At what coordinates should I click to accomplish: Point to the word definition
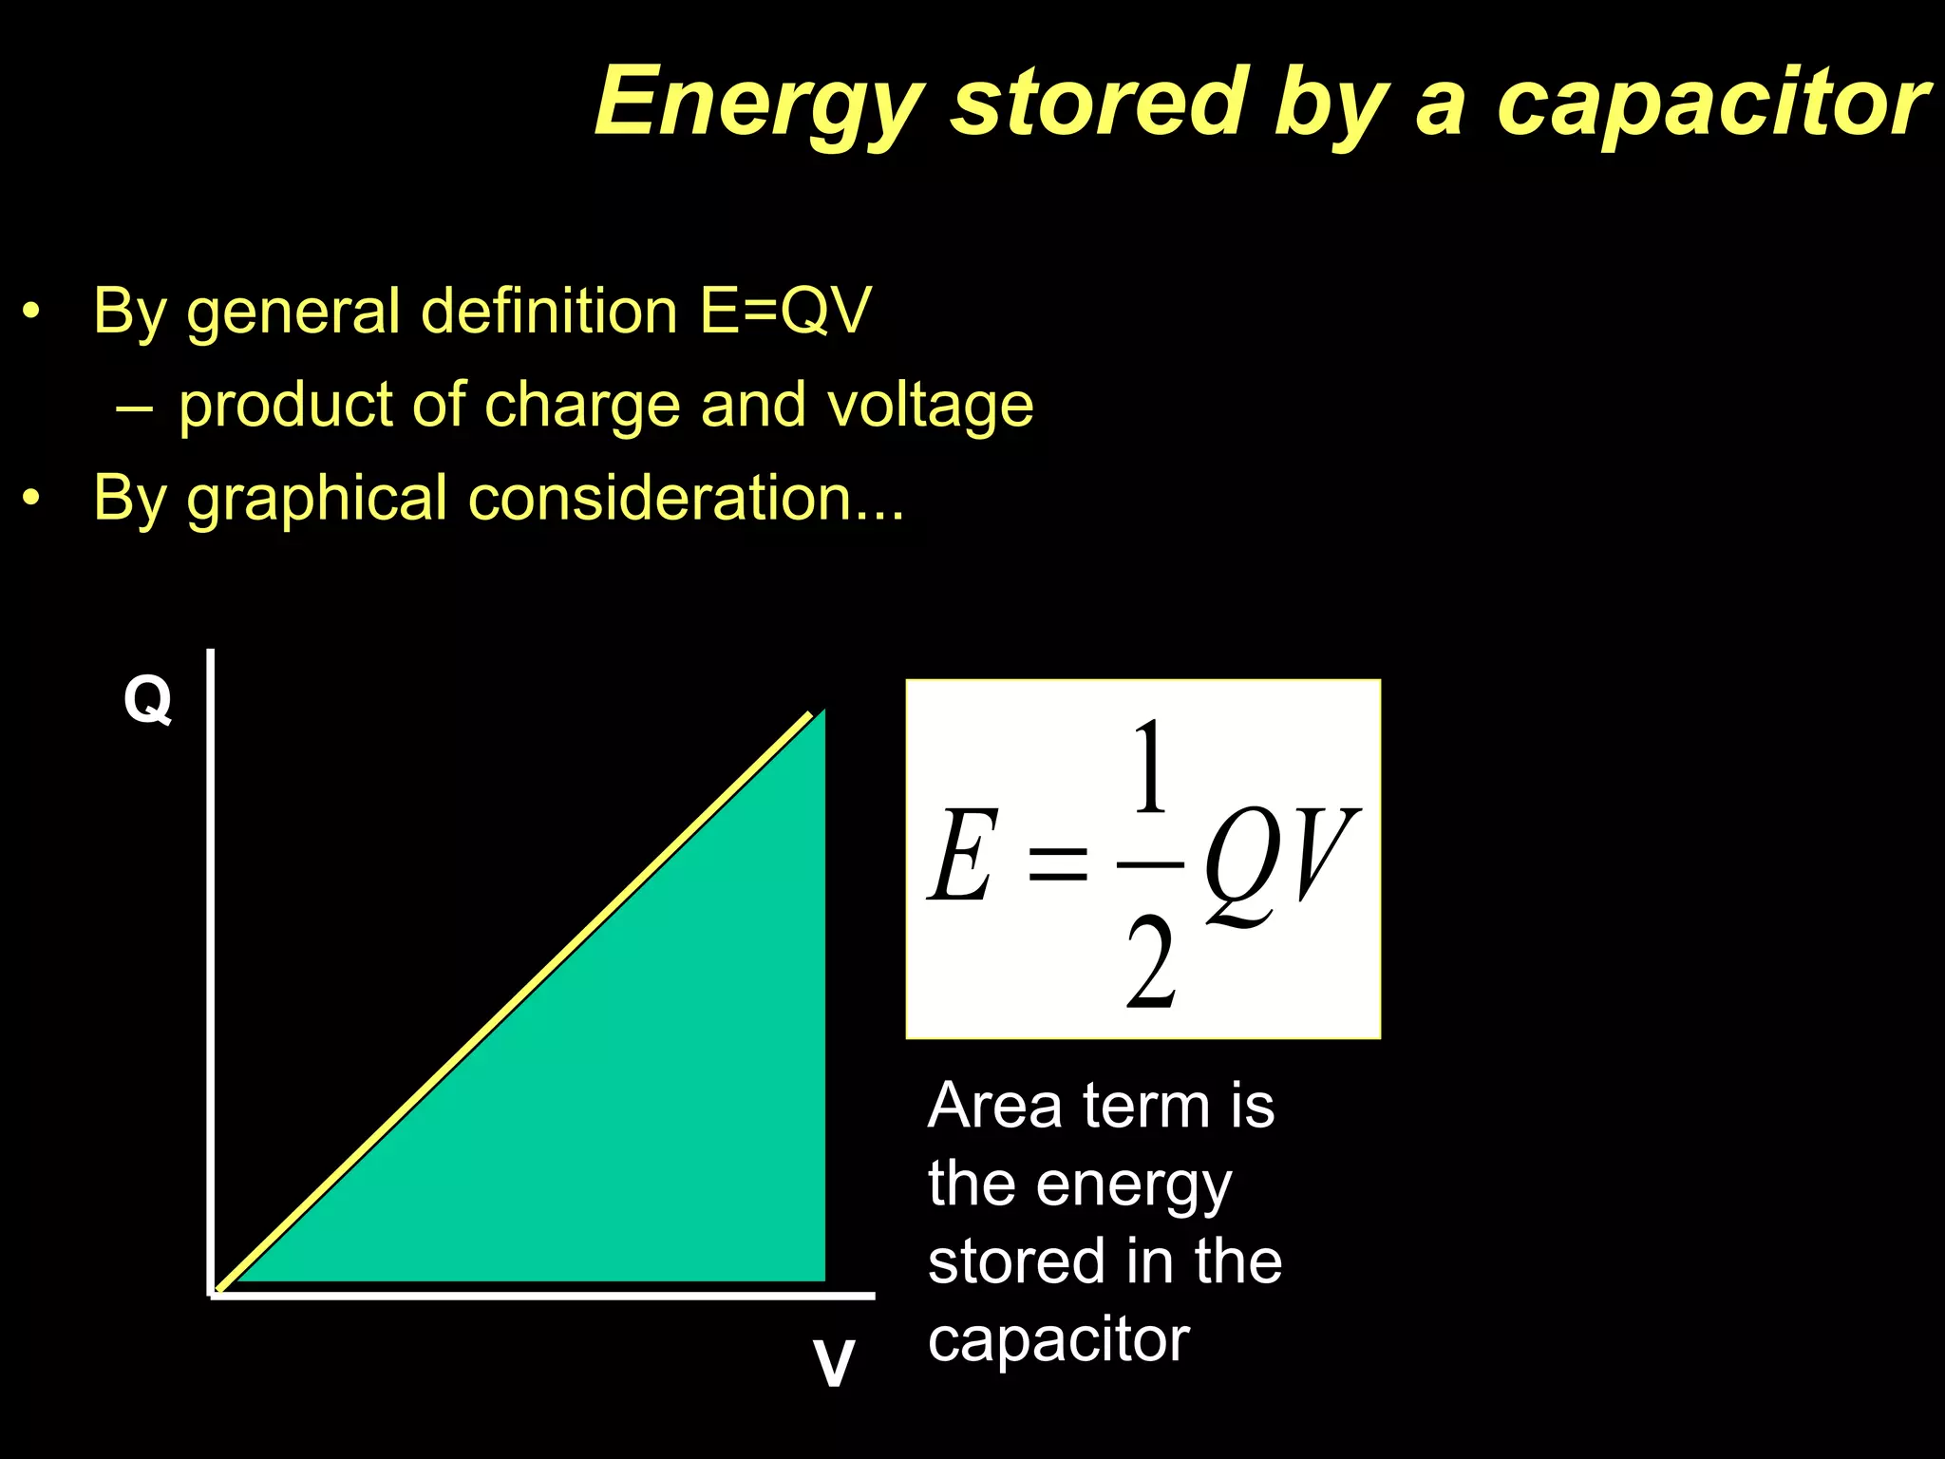click(548, 311)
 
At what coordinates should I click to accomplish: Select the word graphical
click(316, 499)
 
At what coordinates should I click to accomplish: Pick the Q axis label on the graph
click(147, 700)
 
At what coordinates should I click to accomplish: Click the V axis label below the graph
click(833, 1364)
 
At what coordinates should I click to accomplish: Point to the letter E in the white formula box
click(962, 855)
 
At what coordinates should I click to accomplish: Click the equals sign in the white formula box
click(1057, 863)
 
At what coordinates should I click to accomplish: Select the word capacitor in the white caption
click(1058, 1340)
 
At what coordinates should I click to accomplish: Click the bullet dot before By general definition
click(32, 311)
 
